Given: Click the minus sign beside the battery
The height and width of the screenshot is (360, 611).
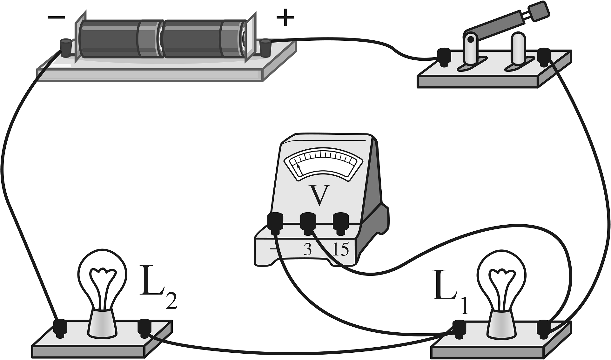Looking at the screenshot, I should point(56,17).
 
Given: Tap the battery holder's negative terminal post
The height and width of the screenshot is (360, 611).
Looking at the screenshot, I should point(65,48).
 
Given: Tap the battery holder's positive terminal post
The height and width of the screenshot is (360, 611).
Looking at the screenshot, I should point(265,48).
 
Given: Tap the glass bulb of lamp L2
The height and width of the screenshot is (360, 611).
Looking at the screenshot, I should point(102,276).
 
